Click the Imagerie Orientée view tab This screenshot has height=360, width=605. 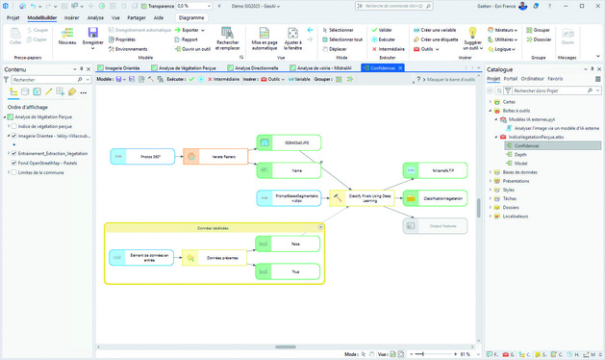click(x=120, y=68)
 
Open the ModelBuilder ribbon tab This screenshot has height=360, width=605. click(x=41, y=17)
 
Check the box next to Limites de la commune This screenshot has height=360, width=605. click(x=13, y=171)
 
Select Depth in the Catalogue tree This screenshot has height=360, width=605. click(x=520, y=154)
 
